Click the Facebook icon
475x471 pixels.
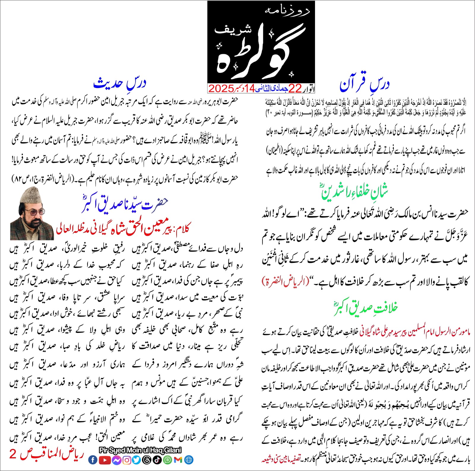click(x=93, y=460)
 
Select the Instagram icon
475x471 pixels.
click(x=127, y=460)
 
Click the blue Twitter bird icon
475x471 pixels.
click(x=137, y=460)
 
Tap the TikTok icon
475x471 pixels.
click(x=157, y=460)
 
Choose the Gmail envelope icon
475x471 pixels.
click(x=178, y=460)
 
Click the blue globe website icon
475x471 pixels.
click(x=189, y=460)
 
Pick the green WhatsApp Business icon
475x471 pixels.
click(x=168, y=460)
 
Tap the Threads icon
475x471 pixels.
click(x=147, y=460)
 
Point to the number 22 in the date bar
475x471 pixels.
click(x=295, y=88)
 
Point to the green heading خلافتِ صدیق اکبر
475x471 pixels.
click(x=365, y=308)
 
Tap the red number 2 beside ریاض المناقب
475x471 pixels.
click(x=13, y=454)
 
